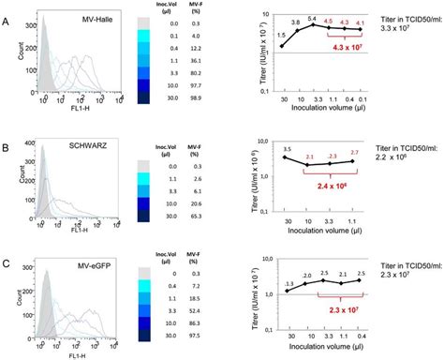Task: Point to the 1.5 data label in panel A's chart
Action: [x=281, y=34]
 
